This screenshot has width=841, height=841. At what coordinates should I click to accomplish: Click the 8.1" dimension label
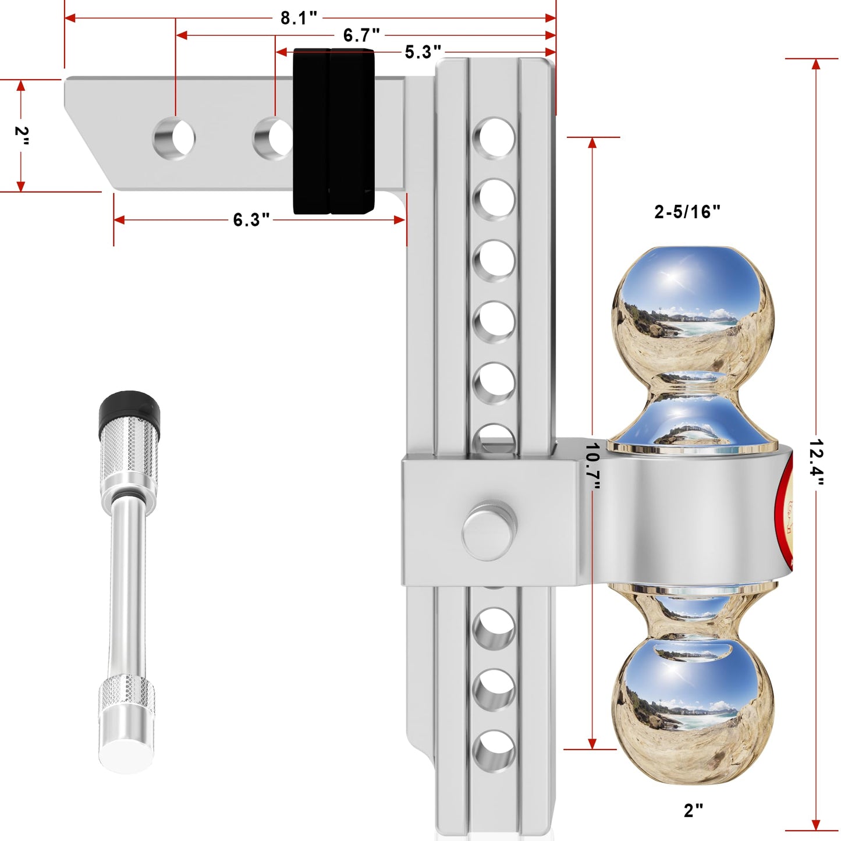click(x=298, y=18)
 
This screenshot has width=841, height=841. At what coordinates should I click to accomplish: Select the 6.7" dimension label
click(x=361, y=36)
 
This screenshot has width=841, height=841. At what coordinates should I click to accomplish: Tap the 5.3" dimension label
click(x=423, y=52)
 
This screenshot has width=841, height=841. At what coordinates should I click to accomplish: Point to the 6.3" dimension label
click(x=251, y=220)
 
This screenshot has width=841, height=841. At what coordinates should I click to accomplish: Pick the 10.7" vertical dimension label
click(x=592, y=466)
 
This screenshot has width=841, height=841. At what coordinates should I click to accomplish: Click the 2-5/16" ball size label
click(x=687, y=212)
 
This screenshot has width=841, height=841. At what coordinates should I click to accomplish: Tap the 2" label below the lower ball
click(x=693, y=810)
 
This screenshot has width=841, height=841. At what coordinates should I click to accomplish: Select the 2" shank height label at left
click(x=22, y=136)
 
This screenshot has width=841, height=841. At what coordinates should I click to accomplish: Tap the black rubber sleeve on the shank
click(x=333, y=132)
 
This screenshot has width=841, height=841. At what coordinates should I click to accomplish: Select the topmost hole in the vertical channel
click(x=494, y=139)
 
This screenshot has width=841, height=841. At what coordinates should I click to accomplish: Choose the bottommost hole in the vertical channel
click(x=494, y=751)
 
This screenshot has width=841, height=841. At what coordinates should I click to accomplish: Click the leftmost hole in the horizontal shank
click(x=174, y=139)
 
